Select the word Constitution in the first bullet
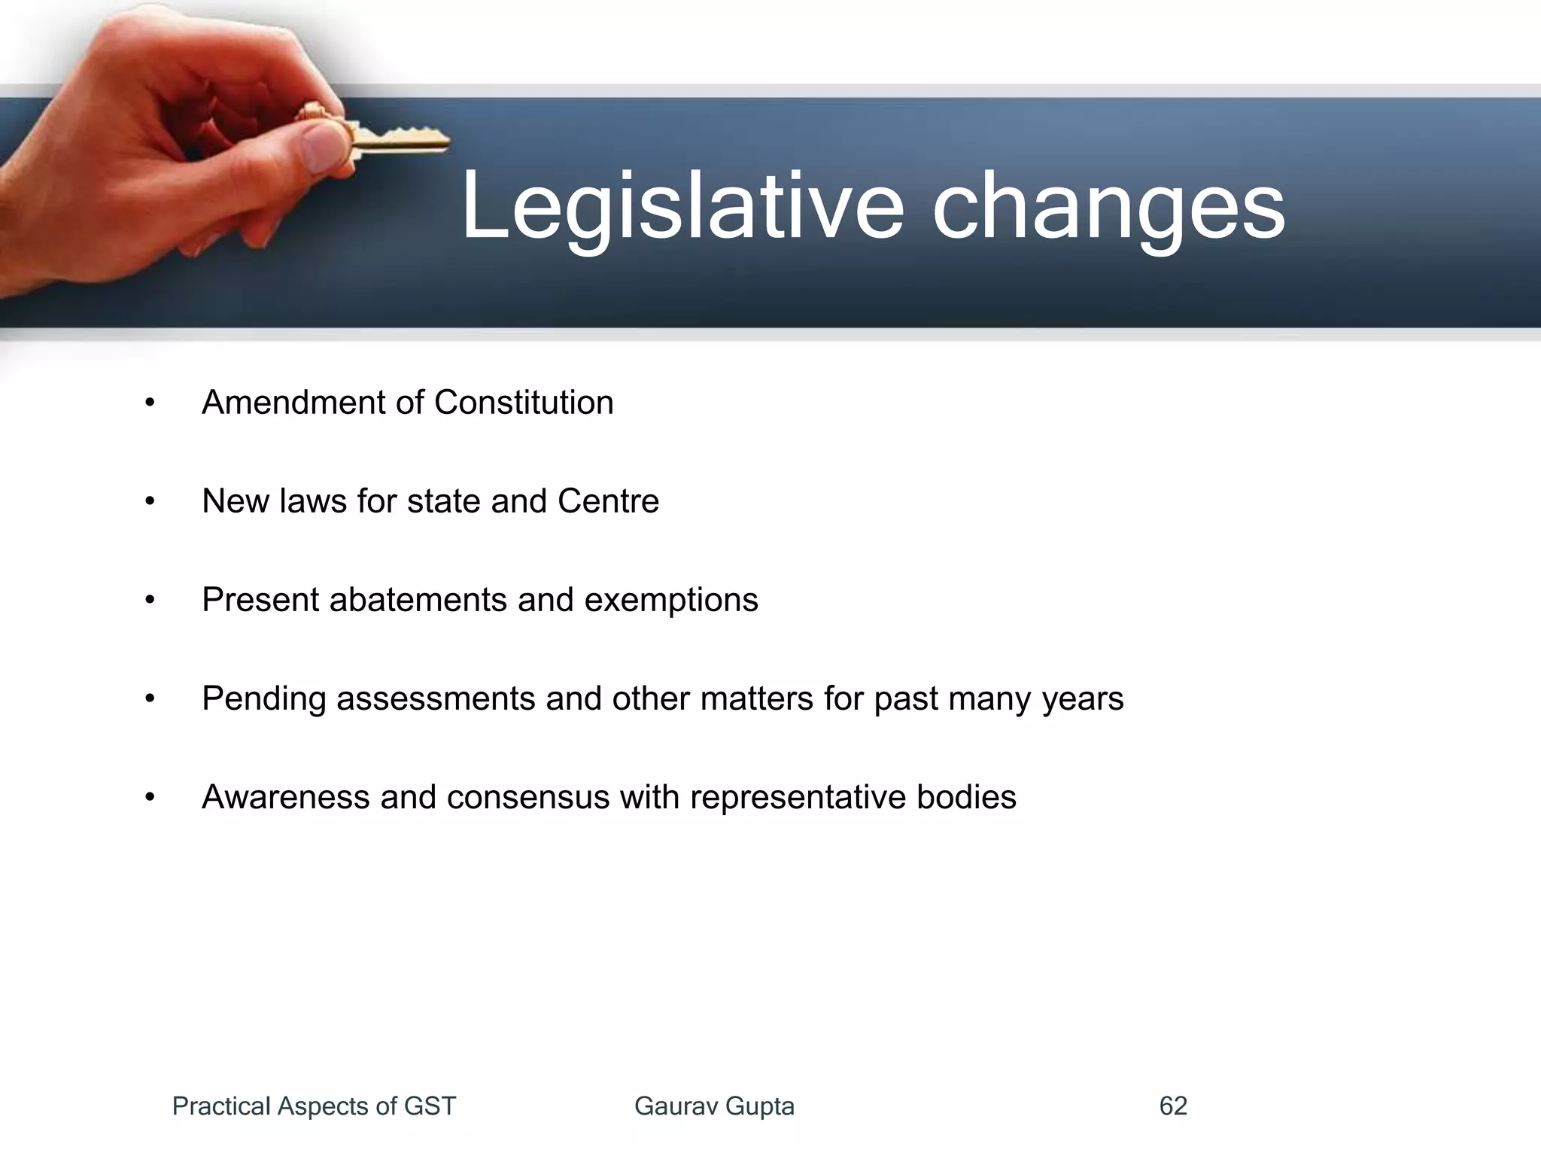pyautogui.click(x=524, y=403)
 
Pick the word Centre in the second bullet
pyautogui.click(x=608, y=501)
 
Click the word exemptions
pyautogui.click(x=671, y=600)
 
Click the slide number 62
pyautogui.click(x=1173, y=1106)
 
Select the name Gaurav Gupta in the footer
pyautogui.click(x=714, y=1106)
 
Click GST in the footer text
pyautogui.click(x=430, y=1106)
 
